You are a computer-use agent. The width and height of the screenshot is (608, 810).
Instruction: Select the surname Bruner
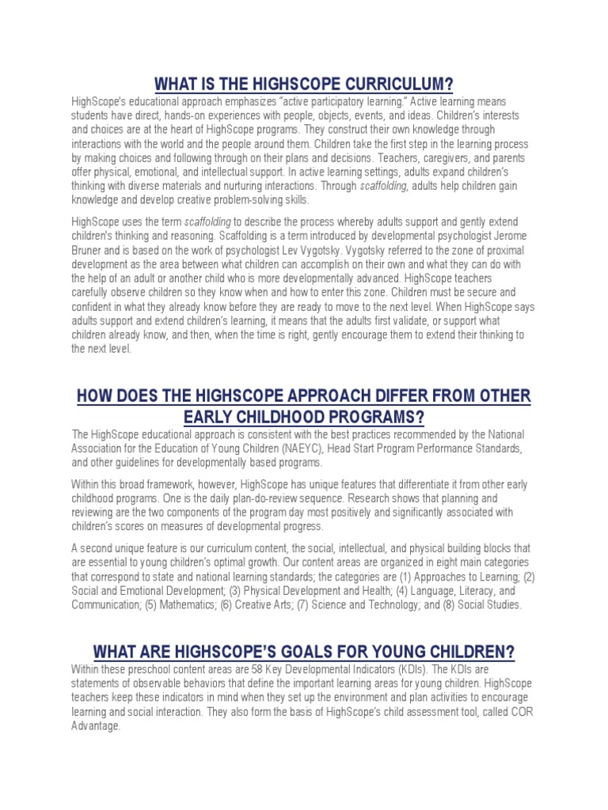[x=90, y=252]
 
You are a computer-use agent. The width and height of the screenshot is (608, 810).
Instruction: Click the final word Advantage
[x=95, y=728]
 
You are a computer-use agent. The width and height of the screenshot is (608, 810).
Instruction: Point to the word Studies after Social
[x=500, y=605]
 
